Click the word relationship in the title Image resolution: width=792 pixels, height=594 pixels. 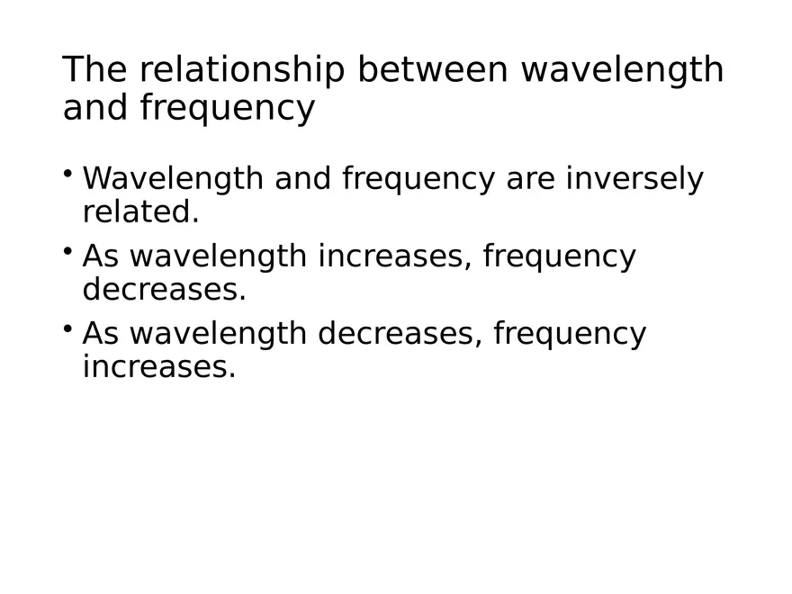click(241, 69)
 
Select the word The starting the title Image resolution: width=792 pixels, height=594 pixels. click(94, 69)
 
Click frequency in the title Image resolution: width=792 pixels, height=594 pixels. click(227, 109)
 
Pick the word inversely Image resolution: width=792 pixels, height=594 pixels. click(634, 179)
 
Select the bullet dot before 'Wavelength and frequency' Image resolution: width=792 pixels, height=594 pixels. click(68, 173)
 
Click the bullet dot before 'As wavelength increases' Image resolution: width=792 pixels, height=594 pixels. click(68, 250)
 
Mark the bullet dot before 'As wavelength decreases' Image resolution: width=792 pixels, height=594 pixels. click(68, 328)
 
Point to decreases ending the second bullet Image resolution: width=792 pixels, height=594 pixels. click(164, 290)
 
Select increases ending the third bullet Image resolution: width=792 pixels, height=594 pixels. click(158, 367)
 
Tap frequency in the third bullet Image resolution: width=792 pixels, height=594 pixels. click(570, 334)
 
